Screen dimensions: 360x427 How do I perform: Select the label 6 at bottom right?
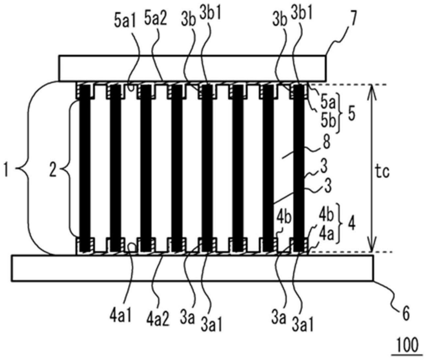pos(406,314)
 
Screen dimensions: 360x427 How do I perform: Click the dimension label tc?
pos(383,173)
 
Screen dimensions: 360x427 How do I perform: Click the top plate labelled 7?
pos(192,68)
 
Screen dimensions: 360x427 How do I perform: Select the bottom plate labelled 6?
pos(192,268)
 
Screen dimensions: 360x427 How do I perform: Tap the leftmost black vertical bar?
pos(85,168)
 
